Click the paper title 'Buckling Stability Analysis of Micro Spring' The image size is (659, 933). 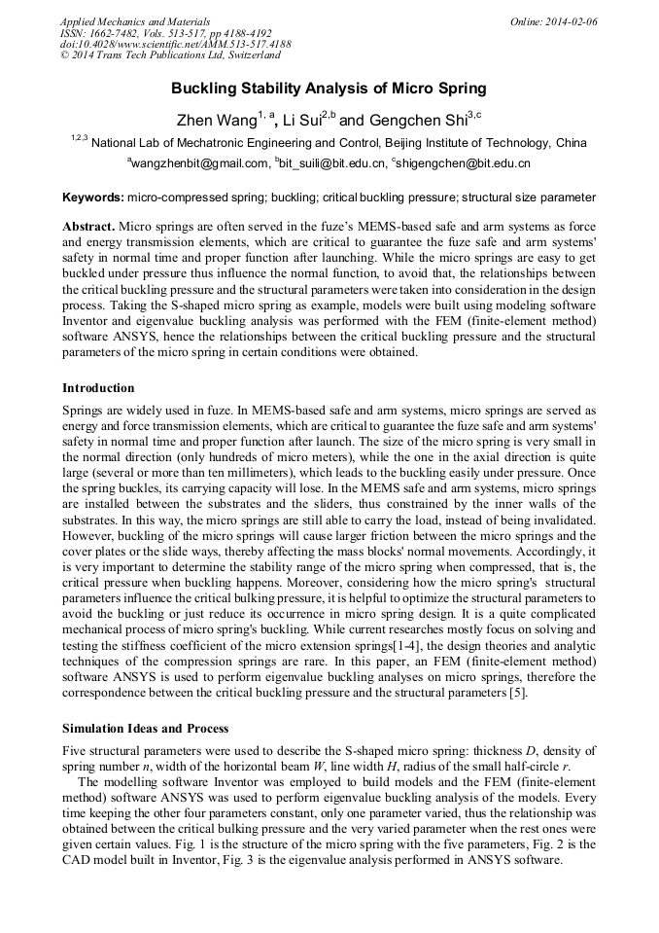coord(329,89)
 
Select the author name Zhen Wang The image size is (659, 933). coord(215,121)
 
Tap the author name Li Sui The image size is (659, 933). coord(301,121)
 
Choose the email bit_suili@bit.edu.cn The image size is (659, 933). coord(330,163)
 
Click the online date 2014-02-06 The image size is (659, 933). coord(573,21)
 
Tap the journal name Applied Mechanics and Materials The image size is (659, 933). coord(134,21)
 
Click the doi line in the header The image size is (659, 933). coord(175,45)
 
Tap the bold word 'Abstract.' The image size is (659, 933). coord(88,225)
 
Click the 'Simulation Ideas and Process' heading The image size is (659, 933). coord(145,728)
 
